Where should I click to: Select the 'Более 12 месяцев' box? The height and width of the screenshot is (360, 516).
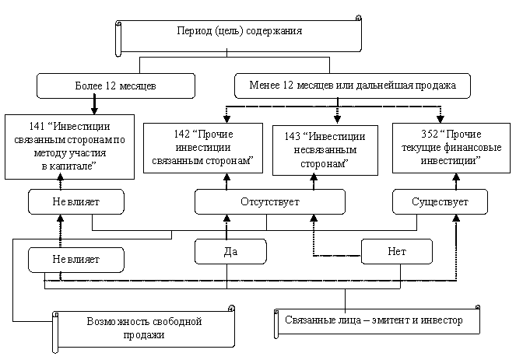pos(115,86)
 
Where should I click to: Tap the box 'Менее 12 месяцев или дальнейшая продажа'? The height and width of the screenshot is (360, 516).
pos(352,85)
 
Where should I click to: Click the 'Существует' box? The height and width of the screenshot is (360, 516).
pos(440,202)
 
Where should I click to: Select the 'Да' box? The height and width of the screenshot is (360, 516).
pos(230,252)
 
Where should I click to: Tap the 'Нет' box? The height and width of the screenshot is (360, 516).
pos(396,252)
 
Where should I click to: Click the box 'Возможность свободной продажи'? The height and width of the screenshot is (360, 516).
pos(144,327)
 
